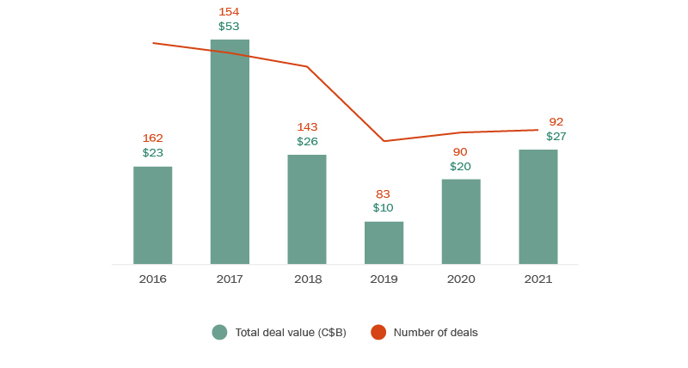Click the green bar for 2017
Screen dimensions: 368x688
point(230,151)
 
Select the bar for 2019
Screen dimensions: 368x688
point(384,242)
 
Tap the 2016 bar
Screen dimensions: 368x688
point(153,215)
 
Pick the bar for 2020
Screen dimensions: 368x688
point(461,221)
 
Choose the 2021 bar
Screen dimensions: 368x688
point(538,206)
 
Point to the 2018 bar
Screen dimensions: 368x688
point(307,209)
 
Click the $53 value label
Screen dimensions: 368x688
point(229,27)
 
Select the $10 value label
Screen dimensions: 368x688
point(384,208)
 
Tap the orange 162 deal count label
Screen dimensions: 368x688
point(153,138)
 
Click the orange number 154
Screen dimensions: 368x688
point(229,12)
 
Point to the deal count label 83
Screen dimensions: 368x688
point(384,194)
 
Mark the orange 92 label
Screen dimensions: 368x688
point(556,122)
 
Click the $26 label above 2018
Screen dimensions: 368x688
point(307,141)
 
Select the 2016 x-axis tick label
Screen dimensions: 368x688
point(153,279)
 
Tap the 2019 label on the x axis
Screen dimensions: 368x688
point(384,279)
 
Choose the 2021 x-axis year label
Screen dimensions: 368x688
point(538,279)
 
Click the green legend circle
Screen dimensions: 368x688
point(220,332)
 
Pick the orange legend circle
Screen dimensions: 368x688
point(378,332)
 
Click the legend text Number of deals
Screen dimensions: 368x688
point(435,333)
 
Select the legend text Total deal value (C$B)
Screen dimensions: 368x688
point(291,333)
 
